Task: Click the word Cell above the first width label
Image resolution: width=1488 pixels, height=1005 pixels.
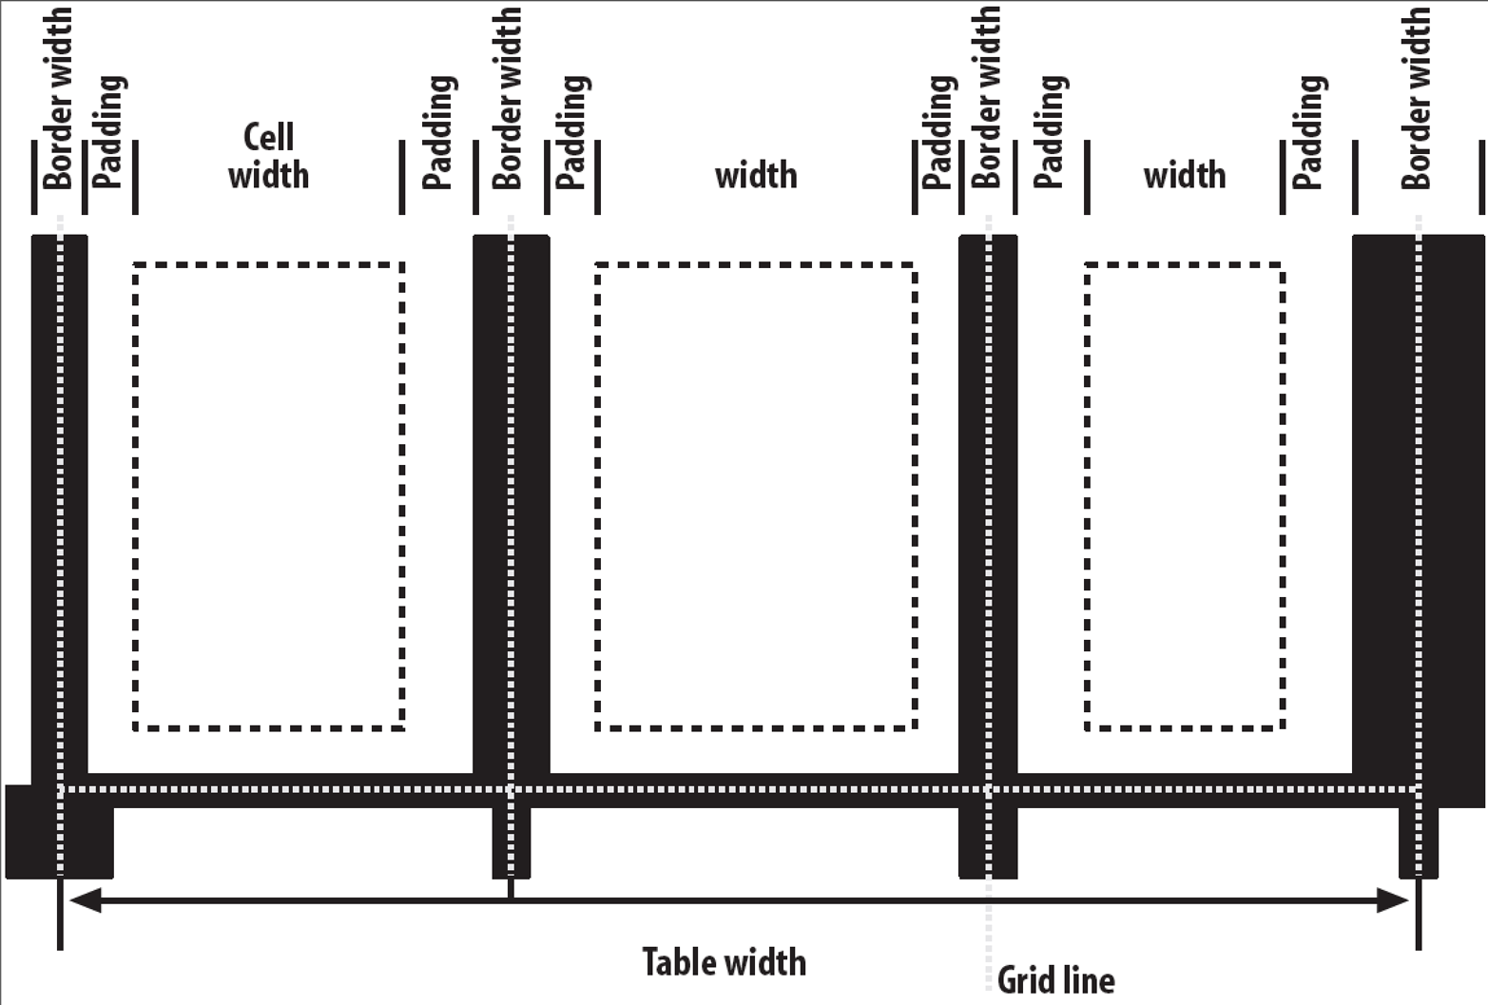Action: [268, 137]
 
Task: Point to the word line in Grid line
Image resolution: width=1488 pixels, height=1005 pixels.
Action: [1087, 980]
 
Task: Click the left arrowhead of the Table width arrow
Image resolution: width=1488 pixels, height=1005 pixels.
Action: [85, 900]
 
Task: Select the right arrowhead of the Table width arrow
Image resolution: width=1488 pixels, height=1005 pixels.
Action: [1392, 900]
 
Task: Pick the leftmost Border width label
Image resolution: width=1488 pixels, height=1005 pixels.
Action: [57, 98]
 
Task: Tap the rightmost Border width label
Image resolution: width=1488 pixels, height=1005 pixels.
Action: [1416, 98]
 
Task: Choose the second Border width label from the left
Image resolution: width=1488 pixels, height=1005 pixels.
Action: [507, 98]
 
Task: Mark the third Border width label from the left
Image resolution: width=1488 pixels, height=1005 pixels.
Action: [986, 98]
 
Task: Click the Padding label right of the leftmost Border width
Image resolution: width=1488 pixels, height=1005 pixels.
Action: [108, 132]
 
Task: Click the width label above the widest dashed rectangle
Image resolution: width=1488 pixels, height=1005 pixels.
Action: [756, 175]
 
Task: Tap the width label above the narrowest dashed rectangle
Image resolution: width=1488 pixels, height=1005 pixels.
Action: [1185, 175]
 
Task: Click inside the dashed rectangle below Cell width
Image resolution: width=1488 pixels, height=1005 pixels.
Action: [269, 497]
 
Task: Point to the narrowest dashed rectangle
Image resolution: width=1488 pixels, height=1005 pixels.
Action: [1185, 497]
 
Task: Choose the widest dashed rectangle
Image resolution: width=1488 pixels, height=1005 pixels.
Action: [756, 497]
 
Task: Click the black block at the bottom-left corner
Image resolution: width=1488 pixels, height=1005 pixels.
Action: [60, 832]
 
